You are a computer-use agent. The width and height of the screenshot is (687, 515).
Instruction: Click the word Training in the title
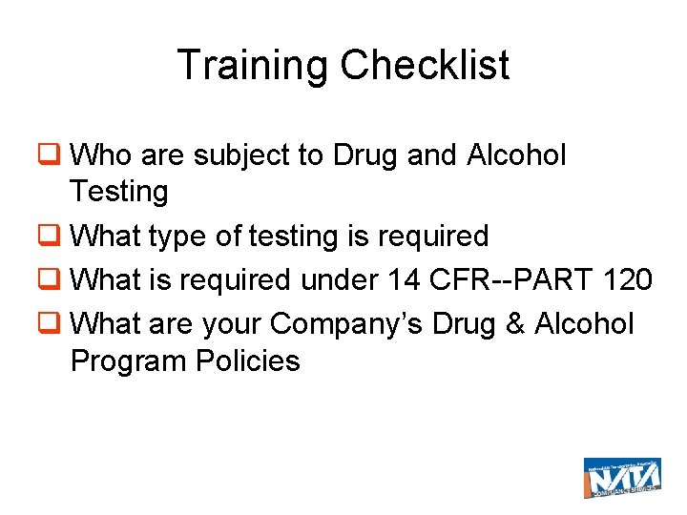pos(253,66)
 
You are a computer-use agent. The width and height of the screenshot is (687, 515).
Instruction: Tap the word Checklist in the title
pos(425,66)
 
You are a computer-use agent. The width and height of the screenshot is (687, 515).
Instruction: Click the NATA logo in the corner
pos(621,477)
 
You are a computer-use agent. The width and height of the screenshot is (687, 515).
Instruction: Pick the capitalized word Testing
pos(118,192)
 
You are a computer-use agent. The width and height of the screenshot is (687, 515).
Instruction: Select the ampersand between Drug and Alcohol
pos(516,323)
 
